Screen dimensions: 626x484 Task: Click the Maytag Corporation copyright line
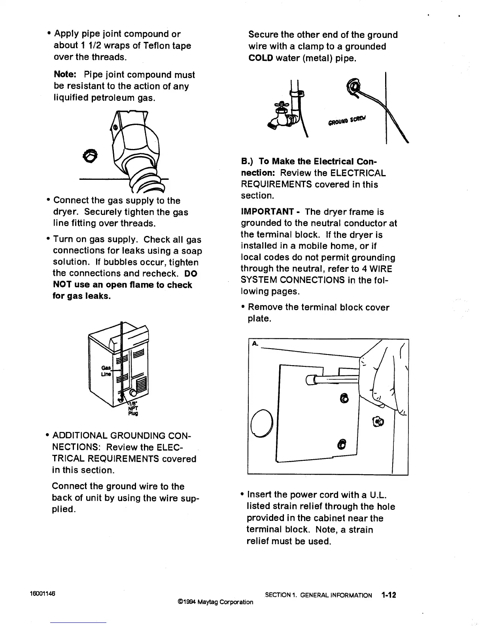point(216,602)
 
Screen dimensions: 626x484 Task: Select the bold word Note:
point(66,75)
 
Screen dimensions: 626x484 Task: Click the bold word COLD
point(261,58)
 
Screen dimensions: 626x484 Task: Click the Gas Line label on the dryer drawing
point(106,370)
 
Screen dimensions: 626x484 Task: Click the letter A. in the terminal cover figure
point(255,344)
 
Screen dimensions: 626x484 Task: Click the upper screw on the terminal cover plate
point(344,399)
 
